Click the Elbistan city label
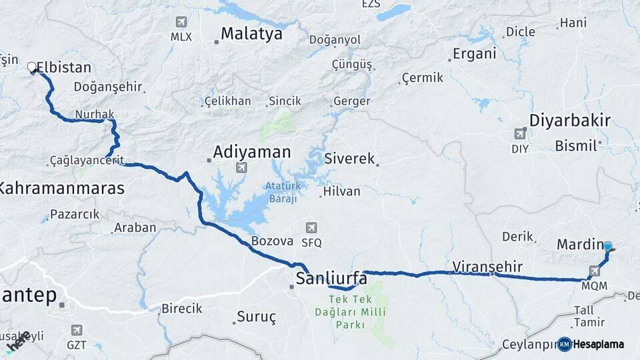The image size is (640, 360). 63,67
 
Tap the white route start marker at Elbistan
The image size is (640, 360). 31,67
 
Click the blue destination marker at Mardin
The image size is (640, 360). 607,247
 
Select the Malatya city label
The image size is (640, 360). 251,33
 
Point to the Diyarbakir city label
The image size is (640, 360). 569,121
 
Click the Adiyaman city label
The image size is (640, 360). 251,153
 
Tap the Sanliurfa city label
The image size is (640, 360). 331,277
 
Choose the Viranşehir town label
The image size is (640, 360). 487,267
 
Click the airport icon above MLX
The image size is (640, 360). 181,22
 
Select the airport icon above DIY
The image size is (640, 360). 520,134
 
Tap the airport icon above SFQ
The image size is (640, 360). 311,228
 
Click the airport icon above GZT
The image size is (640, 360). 77,330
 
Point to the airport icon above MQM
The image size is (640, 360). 594,271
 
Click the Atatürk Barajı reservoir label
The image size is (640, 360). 285,192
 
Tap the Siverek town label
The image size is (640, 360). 349,159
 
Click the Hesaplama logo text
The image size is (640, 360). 598,345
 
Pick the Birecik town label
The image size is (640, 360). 181,309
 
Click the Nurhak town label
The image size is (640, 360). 95,114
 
